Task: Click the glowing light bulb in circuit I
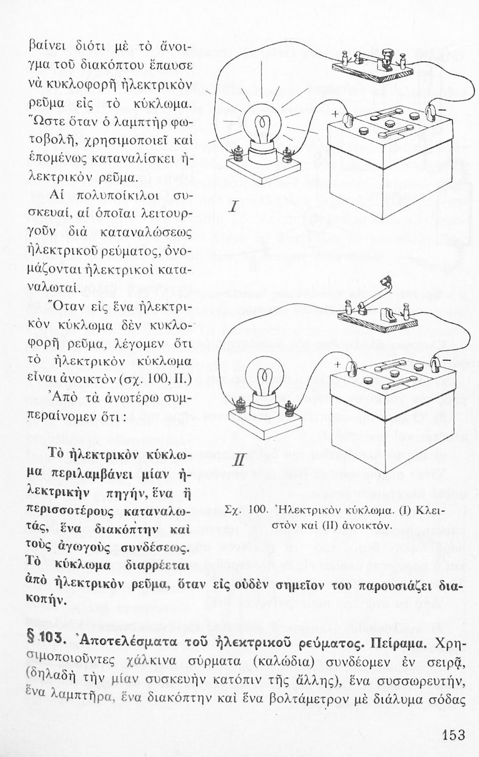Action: point(262,130)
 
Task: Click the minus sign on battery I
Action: point(442,109)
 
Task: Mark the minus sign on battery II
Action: point(442,359)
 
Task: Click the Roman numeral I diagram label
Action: point(233,207)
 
